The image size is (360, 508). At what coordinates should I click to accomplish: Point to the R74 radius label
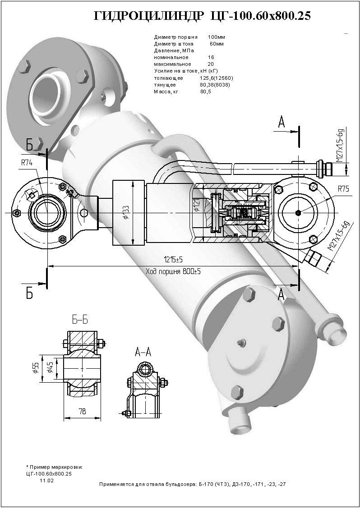pyautogui.click(x=27, y=164)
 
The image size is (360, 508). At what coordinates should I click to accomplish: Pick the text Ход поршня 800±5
pyautogui.click(x=173, y=271)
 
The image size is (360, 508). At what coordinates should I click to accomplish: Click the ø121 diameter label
pyautogui.click(x=196, y=205)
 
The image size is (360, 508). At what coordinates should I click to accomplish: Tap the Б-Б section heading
pyautogui.click(x=80, y=320)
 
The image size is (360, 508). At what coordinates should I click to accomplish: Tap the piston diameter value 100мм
pyautogui.click(x=217, y=37)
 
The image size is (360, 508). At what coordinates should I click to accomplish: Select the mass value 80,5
pyautogui.click(x=206, y=92)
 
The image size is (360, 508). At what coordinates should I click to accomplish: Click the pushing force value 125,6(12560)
pyautogui.click(x=217, y=78)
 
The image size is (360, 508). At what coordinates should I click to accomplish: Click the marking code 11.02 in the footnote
pyautogui.click(x=47, y=481)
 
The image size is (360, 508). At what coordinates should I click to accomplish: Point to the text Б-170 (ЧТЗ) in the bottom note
pyautogui.click(x=215, y=484)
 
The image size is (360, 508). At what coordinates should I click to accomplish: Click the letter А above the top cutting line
pyautogui.click(x=282, y=122)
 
